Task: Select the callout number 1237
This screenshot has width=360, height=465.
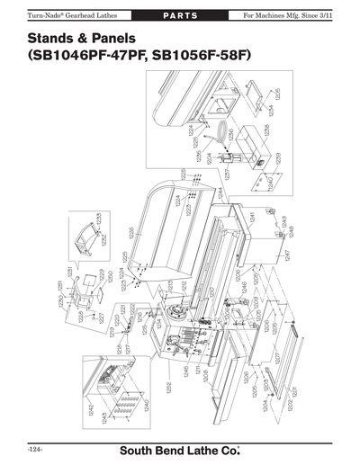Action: click(x=228, y=171)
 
